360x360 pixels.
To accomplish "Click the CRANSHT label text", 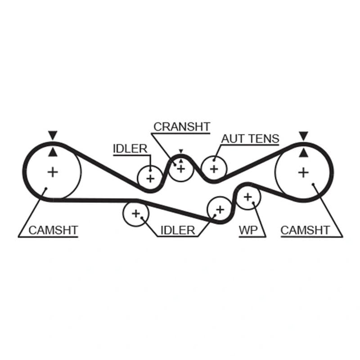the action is [182, 127].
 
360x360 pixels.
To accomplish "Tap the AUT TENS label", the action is [250, 139].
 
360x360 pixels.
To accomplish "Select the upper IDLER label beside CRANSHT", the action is [130, 149].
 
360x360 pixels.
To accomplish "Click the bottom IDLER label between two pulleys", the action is [178, 230].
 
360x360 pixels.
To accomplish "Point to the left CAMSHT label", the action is [53, 230].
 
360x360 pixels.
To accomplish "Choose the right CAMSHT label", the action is [305, 230].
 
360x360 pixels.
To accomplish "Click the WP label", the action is [248, 230].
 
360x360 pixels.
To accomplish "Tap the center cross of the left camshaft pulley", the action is [53, 172].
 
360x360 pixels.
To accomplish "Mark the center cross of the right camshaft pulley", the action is [303, 172].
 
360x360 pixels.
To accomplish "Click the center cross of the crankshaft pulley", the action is [181, 169].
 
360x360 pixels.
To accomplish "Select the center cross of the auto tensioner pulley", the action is [214, 170].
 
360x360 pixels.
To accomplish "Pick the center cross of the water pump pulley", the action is [248, 197].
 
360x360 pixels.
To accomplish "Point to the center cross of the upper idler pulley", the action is [150, 179].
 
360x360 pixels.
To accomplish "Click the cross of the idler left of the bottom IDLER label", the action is [136, 214].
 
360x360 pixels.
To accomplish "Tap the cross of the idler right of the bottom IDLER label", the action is [220, 210].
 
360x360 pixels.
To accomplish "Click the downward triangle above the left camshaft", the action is [53, 135].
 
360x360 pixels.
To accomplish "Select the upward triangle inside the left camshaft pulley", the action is [53, 153].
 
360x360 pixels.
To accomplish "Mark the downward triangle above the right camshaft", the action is [303, 136].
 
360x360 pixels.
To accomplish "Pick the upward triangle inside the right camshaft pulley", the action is [303, 153].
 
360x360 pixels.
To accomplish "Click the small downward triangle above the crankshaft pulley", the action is [181, 151].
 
